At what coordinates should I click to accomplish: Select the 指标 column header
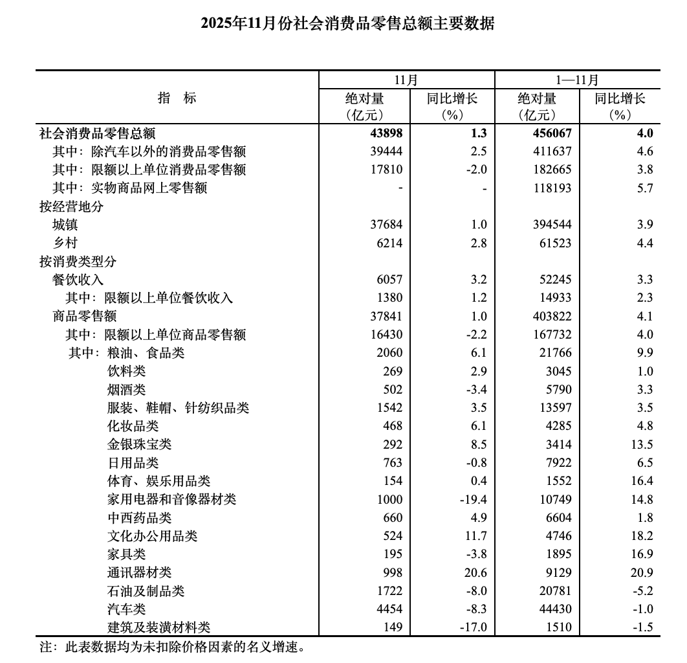(177, 98)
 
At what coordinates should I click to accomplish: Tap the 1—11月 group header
(577, 80)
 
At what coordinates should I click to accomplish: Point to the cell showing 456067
(551, 133)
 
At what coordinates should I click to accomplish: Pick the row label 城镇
(65, 225)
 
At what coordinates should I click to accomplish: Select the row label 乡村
(65, 243)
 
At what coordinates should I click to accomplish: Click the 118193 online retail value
(551, 188)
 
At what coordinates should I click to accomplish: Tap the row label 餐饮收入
(78, 280)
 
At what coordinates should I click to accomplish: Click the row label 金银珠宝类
(140, 445)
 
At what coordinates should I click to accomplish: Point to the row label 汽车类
(127, 609)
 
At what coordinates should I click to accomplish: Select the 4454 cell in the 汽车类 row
(389, 609)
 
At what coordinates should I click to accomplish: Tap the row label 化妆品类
(133, 426)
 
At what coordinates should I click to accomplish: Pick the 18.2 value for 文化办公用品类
(641, 536)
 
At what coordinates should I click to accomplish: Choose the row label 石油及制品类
(146, 591)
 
